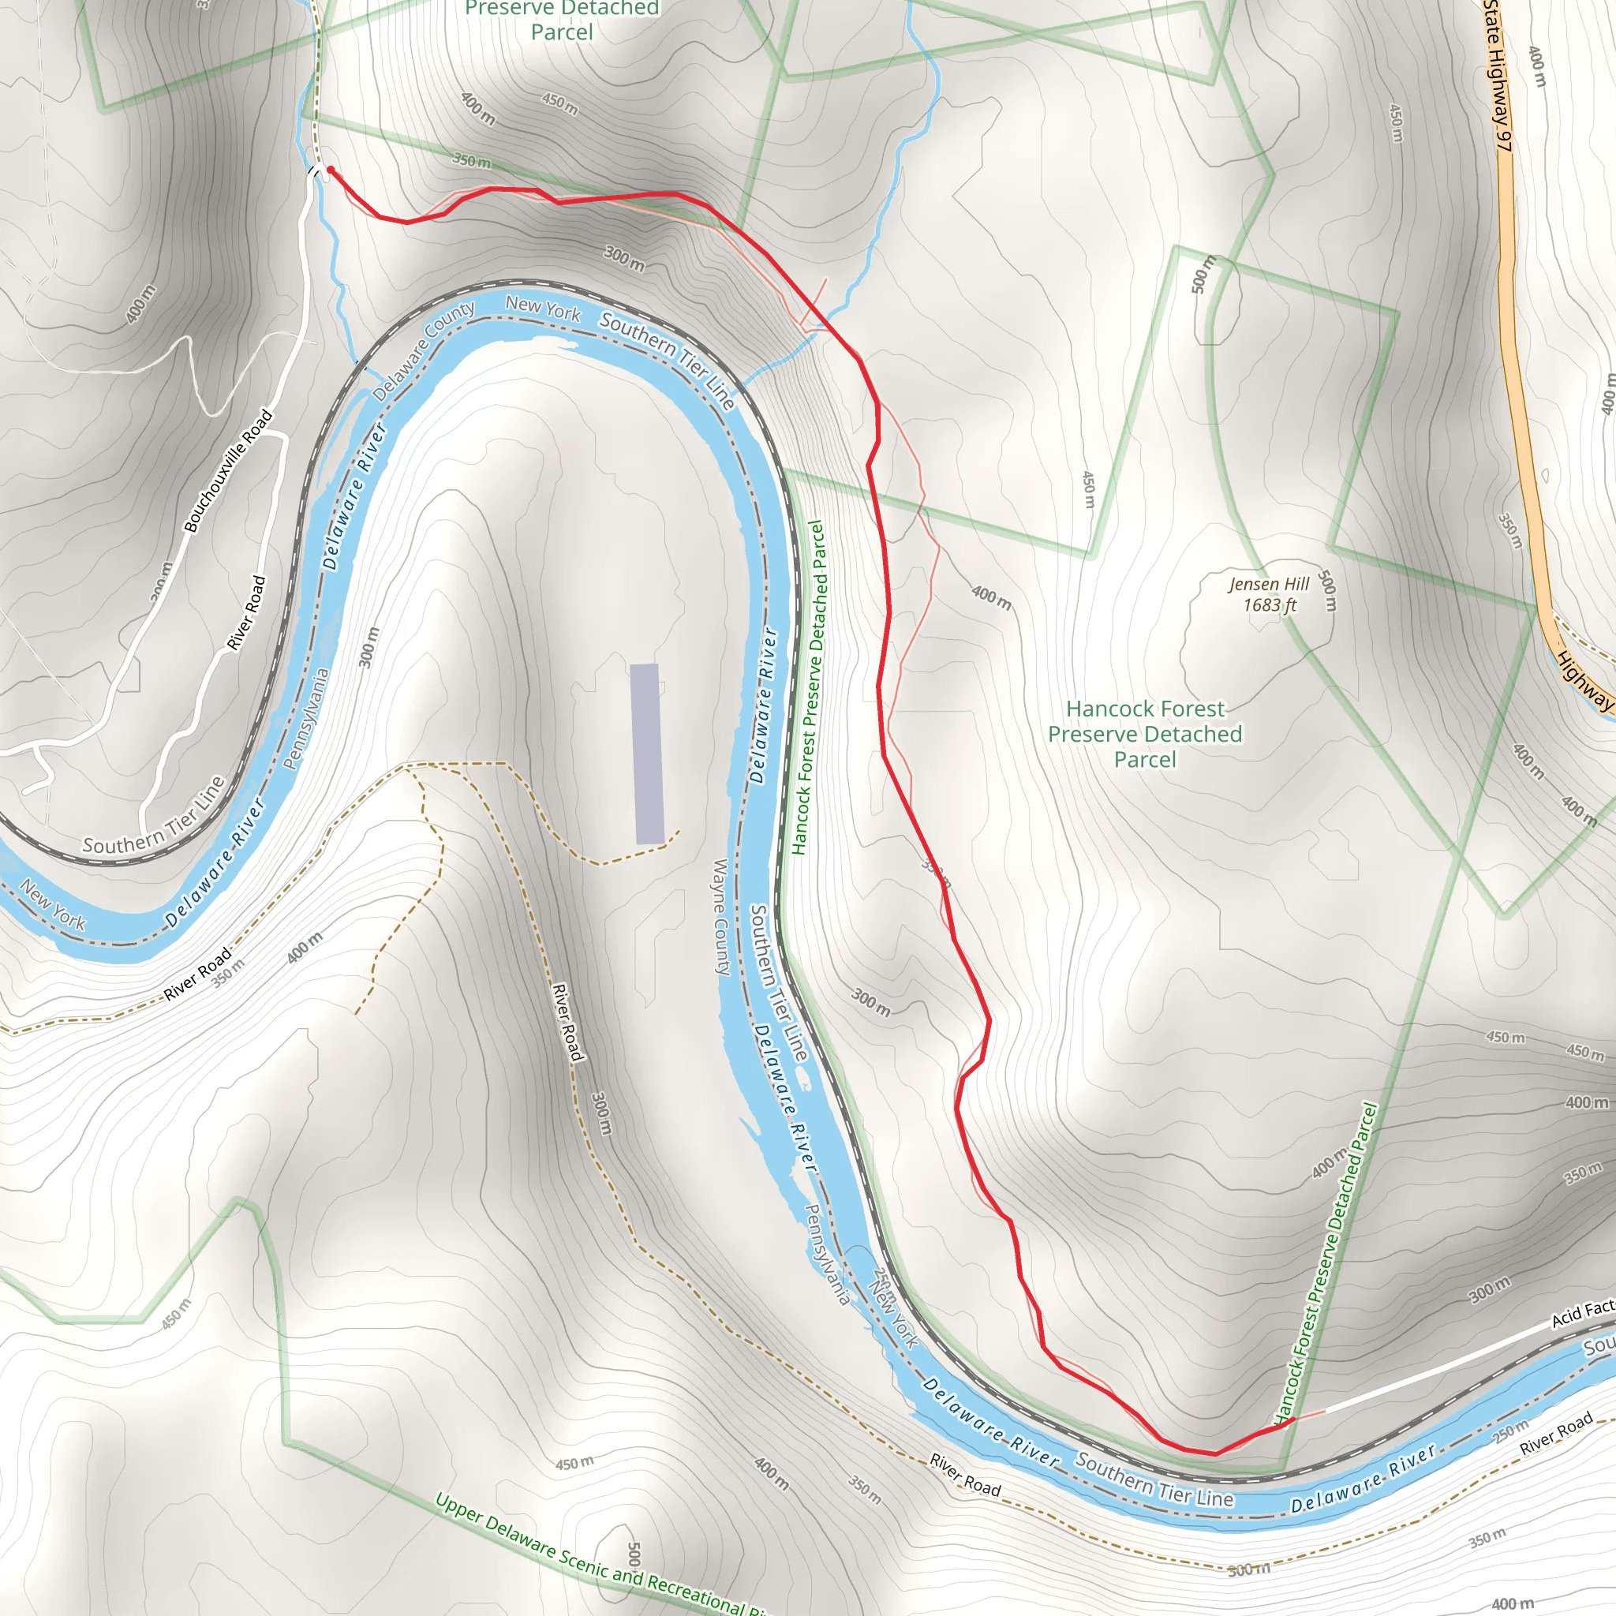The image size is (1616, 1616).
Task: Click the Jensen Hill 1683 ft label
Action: (1270, 595)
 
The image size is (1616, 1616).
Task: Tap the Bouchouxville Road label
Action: (228, 470)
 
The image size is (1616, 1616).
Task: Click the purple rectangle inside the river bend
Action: (646, 754)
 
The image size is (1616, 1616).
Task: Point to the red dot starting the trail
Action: (331, 170)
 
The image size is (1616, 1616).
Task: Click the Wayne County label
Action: (721, 917)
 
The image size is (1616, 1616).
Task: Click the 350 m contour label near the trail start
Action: (472, 159)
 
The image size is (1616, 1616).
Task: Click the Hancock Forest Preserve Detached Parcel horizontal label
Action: (1145, 734)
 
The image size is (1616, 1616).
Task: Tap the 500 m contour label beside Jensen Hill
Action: (1326, 590)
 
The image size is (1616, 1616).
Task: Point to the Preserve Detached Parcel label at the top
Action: (562, 21)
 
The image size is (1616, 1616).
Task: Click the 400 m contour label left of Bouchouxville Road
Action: (140, 304)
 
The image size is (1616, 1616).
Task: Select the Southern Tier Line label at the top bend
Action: (667, 361)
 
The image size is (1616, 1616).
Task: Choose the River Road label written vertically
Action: (567, 1022)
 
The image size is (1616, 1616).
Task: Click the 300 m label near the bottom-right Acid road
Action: (1491, 1290)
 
